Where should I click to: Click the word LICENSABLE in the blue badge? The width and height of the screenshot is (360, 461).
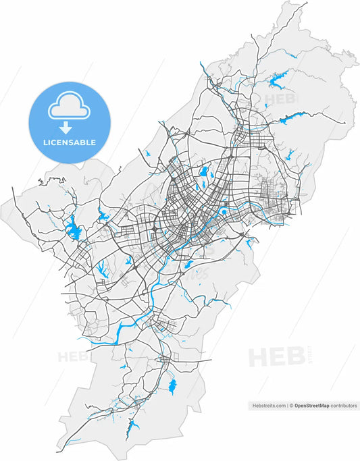pyautogui.click(x=70, y=142)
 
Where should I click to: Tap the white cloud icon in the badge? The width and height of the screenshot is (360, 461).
pyautogui.click(x=66, y=107)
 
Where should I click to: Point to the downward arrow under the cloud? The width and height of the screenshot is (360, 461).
pyautogui.click(x=66, y=127)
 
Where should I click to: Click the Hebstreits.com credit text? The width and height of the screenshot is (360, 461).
pyautogui.click(x=269, y=406)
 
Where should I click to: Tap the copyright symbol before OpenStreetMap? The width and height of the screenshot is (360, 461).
pyautogui.click(x=292, y=406)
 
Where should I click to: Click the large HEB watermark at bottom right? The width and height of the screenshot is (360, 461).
pyautogui.click(x=277, y=356)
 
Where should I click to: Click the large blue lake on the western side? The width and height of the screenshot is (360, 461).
pyautogui.click(x=73, y=230)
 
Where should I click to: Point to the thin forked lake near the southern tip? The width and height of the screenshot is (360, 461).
pyautogui.click(x=134, y=426)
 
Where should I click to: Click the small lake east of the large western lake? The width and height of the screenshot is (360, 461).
pyautogui.click(x=103, y=217)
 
